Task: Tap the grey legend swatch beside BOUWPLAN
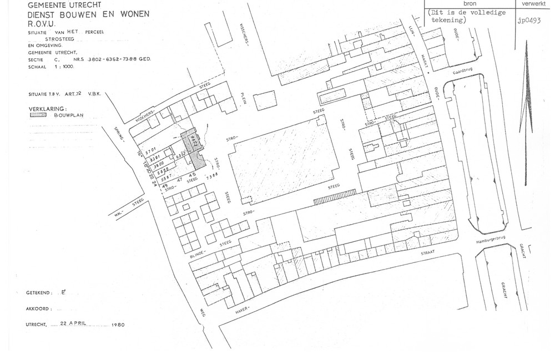(38, 116)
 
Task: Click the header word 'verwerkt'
(534, 3)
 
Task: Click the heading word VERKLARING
(48, 109)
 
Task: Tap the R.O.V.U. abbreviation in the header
(42, 24)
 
